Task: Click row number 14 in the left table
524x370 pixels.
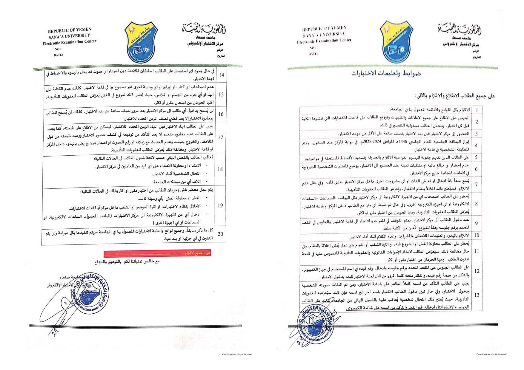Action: click(x=221, y=75)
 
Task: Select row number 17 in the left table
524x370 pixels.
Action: click(x=221, y=137)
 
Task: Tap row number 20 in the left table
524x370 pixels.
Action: click(x=220, y=234)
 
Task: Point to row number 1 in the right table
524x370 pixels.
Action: click(x=477, y=110)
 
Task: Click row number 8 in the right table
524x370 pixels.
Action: click(x=476, y=204)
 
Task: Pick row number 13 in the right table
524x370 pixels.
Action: click(x=477, y=295)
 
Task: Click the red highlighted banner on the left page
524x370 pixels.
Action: click(x=157, y=253)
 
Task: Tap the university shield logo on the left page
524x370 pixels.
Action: click(x=141, y=42)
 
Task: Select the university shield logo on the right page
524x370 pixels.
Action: click(x=396, y=41)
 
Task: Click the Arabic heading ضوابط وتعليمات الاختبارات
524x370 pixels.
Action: click(x=386, y=74)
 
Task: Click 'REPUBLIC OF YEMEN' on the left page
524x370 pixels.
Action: click(x=70, y=30)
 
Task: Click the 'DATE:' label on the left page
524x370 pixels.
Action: click(x=58, y=55)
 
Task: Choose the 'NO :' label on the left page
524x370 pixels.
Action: click(x=58, y=49)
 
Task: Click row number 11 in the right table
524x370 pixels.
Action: click(x=477, y=251)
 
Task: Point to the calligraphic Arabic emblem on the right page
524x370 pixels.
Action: click(x=460, y=30)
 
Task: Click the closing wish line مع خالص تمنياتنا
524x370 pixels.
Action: click(x=127, y=261)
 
